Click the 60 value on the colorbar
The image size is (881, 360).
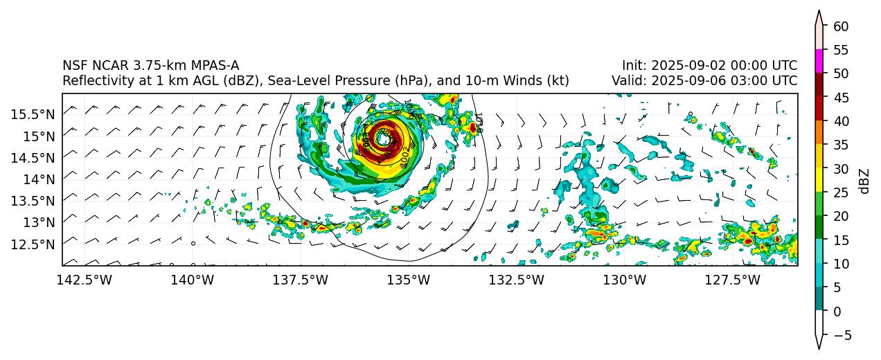pyautogui.click(x=841, y=26)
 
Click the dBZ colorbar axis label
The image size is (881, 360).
pyautogui.click(x=864, y=181)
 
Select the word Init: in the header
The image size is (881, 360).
pyautogui.click(x=634, y=66)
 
